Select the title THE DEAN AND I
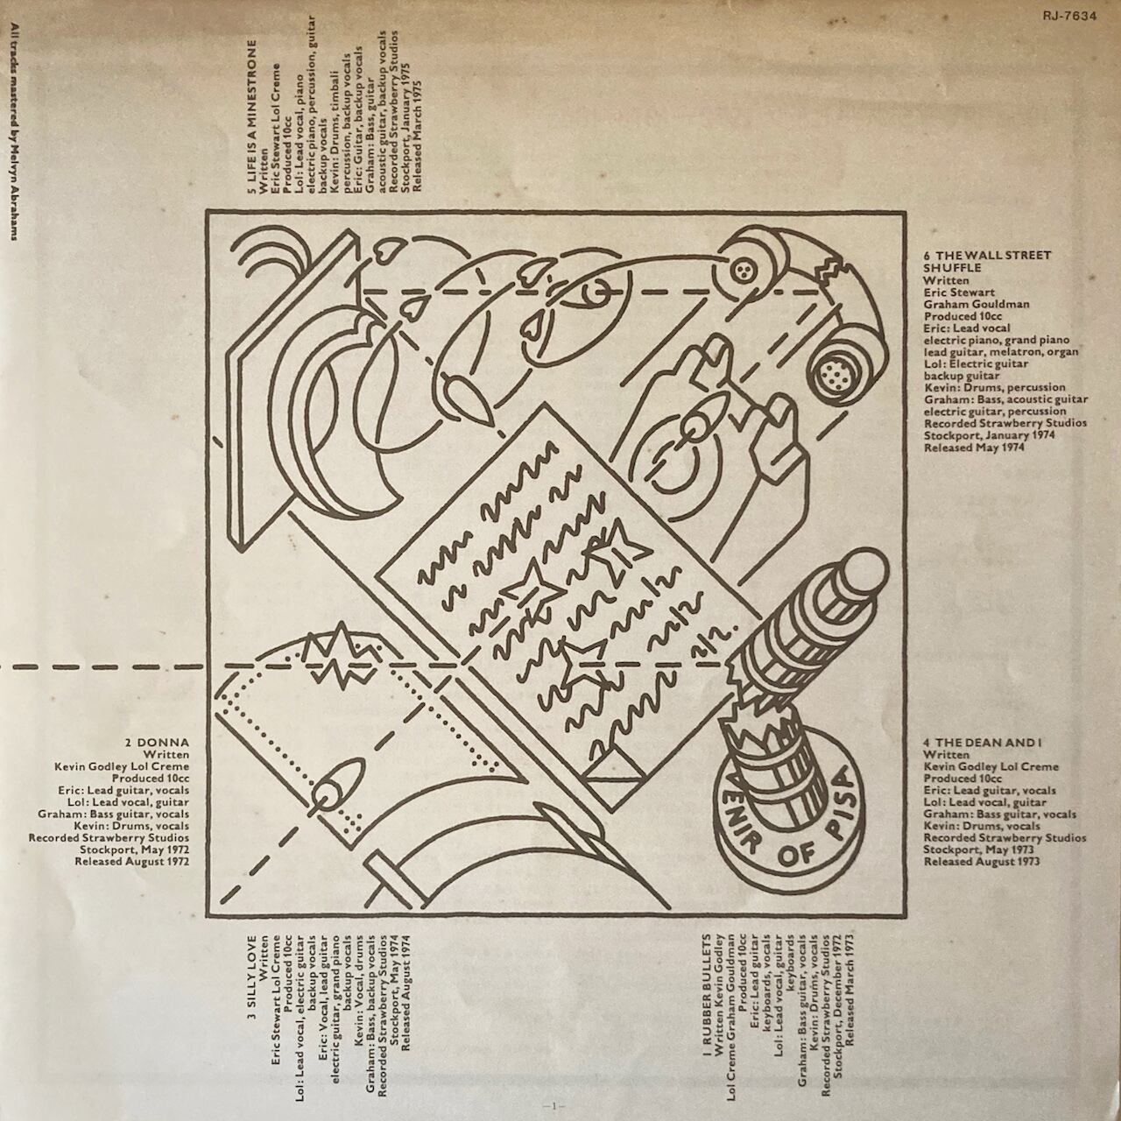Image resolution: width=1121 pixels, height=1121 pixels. point(972,742)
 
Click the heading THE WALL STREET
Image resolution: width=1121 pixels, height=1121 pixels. point(987,255)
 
